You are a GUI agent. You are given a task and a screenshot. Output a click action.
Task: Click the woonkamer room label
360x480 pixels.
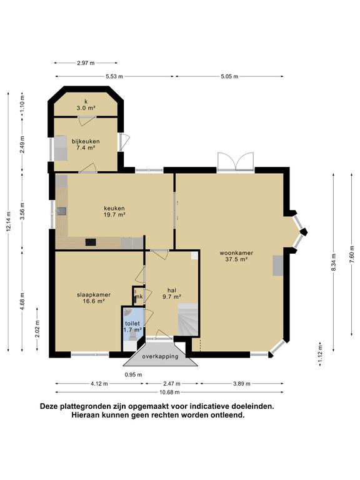click(x=236, y=256)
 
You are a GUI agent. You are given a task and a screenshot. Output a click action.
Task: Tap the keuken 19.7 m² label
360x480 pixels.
click(x=114, y=211)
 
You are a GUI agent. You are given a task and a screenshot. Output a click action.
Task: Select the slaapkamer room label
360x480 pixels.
click(x=94, y=297)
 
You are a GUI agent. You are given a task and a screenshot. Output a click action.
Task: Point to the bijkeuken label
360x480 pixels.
click(x=86, y=144)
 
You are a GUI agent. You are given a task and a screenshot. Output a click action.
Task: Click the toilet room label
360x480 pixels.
click(x=132, y=326)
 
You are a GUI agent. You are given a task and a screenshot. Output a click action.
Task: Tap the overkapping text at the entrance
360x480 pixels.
click(x=160, y=356)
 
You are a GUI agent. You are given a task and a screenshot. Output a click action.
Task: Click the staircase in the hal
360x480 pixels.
click(x=188, y=319)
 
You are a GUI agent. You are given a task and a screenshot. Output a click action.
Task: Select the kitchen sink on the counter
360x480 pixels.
click(x=61, y=211)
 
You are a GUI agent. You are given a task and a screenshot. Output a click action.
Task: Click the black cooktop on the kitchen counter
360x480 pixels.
click(x=91, y=242)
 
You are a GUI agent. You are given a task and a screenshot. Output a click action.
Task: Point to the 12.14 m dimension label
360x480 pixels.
click(x=9, y=221)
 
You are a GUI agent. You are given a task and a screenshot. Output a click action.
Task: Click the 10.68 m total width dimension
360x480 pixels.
click(x=169, y=392)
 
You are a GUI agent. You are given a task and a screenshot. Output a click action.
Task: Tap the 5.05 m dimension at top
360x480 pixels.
click(x=229, y=76)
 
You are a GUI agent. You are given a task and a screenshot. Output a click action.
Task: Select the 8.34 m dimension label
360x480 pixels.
click(x=334, y=262)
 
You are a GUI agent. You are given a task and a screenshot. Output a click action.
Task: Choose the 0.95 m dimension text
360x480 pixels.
click(x=133, y=374)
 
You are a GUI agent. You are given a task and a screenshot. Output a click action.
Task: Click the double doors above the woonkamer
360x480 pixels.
click(x=236, y=161)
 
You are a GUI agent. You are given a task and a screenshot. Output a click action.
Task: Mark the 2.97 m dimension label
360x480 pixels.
click(x=86, y=63)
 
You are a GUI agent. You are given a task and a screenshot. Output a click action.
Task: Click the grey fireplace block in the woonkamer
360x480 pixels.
click(x=277, y=266)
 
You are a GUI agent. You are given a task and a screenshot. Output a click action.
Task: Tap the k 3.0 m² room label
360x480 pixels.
click(x=86, y=105)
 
